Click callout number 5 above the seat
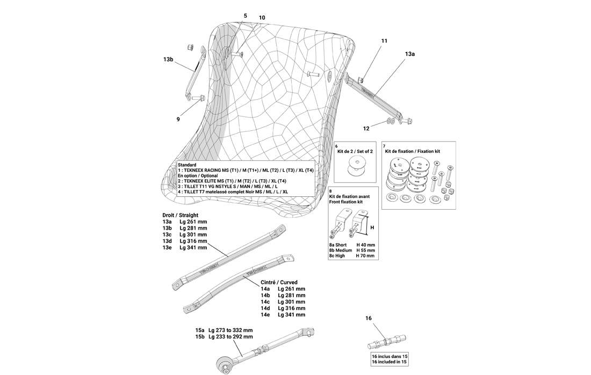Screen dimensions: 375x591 tap(246, 16)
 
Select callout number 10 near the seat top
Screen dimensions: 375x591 tap(262, 18)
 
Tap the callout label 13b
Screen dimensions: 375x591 tap(169, 60)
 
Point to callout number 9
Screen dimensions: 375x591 tap(178, 120)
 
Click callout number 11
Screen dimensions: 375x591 tap(384, 41)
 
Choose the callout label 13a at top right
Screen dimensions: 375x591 tap(410, 54)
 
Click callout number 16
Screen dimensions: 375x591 tap(369, 318)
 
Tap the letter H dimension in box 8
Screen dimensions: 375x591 tap(372, 227)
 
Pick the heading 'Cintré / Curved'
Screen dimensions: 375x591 tap(279, 282)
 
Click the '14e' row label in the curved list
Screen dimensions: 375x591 tap(265, 314)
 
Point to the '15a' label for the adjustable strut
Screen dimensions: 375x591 tap(200, 330)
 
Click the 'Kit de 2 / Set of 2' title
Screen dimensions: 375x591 tap(355, 151)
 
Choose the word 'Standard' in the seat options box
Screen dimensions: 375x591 tap(187, 165)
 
